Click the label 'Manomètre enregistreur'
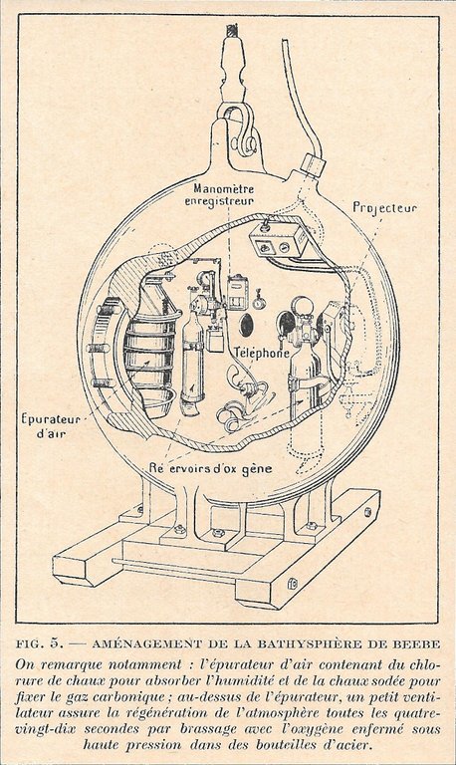pos(224,193)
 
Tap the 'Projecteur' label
pos(384,207)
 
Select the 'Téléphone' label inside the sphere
pos(262,353)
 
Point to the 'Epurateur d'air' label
pos(51,425)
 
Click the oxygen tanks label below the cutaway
pos(210,468)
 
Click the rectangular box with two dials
pos(277,238)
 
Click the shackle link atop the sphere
pos(241,130)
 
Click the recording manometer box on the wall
pos(239,292)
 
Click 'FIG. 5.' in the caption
pos(40,644)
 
